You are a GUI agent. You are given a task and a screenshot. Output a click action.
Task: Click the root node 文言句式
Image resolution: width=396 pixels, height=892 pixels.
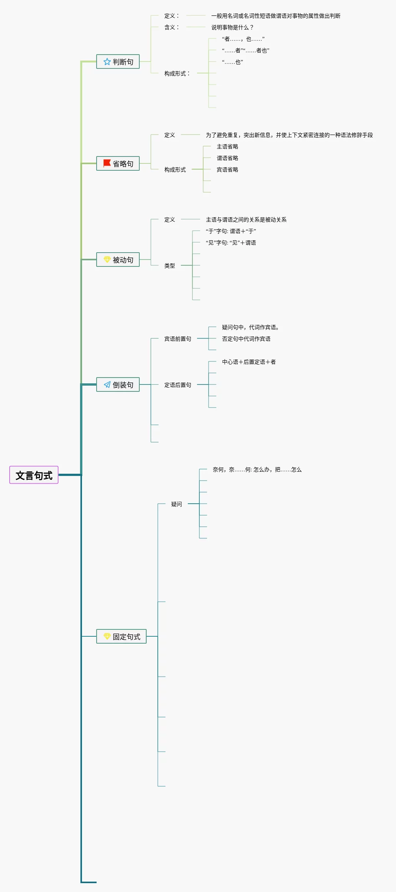[34, 475]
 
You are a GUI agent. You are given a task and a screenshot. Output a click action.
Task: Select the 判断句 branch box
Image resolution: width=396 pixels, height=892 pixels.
[118, 62]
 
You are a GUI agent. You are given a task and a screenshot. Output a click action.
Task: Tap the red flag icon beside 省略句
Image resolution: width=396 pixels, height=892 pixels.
[107, 163]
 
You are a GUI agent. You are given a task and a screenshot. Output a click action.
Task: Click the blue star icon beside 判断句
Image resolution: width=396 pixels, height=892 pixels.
[107, 62]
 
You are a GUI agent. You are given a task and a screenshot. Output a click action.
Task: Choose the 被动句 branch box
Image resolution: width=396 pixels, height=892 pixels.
[118, 260]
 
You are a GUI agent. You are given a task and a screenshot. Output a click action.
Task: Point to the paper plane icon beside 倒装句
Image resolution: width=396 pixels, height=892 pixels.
[107, 384]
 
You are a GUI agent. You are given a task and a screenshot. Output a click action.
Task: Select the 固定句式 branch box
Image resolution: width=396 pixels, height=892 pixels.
[121, 636]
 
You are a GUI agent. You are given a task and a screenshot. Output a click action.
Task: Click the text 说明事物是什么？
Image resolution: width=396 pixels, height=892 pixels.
[232, 27]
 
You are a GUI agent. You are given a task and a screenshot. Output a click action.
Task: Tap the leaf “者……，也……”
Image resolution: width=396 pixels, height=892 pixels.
[243, 39]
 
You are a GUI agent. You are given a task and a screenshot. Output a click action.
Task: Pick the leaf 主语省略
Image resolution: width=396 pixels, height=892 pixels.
[227, 146]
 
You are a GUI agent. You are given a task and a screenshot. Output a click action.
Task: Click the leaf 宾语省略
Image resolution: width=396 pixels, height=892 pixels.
[227, 170]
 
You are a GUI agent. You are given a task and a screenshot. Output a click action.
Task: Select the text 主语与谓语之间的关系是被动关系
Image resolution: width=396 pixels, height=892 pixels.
[246, 220]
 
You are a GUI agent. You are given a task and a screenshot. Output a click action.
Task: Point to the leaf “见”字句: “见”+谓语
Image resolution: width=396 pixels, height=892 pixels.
[231, 243]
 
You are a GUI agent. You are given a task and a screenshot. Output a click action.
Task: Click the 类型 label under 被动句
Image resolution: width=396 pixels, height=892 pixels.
[170, 266]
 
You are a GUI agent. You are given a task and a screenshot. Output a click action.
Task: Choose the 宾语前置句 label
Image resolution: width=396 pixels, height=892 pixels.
[178, 339]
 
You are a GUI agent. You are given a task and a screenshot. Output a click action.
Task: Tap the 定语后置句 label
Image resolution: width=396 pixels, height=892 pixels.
[178, 385]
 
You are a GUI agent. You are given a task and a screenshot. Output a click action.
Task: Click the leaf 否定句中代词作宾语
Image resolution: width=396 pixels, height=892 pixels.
[246, 339]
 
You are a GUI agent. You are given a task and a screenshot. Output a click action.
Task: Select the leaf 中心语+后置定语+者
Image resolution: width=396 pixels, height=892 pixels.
[249, 362]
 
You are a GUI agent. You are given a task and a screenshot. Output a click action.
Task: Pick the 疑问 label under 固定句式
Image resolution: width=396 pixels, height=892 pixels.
[177, 504]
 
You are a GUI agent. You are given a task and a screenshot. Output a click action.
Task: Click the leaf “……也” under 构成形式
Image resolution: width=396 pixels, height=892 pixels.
[232, 62]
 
